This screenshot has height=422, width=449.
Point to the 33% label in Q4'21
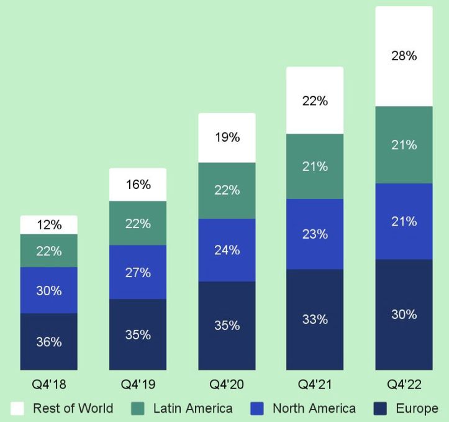point(315,319)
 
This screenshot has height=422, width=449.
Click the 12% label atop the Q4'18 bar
point(49,225)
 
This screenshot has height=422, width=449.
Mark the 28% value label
point(404,56)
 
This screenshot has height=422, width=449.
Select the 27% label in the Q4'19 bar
point(138,272)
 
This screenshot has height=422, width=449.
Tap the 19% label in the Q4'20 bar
point(227,137)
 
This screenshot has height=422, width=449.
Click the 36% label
point(49,341)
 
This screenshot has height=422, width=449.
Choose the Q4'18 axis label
point(49,385)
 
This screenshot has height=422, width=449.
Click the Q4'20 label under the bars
point(227,385)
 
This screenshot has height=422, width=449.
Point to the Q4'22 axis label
point(404,385)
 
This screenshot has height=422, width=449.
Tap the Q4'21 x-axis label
point(315,385)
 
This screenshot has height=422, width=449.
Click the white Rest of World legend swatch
point(17,408)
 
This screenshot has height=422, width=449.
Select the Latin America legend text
point(193,408)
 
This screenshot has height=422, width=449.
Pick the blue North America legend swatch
point(258,408)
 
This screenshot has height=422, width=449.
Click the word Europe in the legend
point(417,408)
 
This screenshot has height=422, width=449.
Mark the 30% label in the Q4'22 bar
point(404,314)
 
